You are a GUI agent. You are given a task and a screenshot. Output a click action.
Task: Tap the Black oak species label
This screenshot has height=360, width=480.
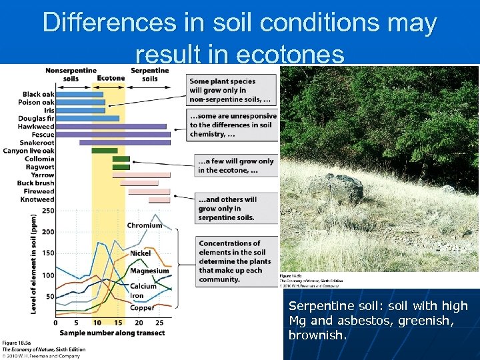(38, 94)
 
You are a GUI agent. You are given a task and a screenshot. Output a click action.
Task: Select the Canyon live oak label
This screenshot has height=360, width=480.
(29, 151)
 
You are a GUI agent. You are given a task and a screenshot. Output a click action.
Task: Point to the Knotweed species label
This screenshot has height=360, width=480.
(37, 199)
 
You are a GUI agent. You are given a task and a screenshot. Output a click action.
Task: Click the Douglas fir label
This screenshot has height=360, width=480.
(37, 118)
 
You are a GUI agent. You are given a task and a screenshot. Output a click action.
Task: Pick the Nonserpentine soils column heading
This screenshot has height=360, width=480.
(70, 74)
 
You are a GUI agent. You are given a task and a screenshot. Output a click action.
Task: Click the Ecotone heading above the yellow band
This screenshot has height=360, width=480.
(111, 78)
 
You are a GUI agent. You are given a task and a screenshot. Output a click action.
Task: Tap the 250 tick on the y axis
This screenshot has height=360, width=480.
(48, 211)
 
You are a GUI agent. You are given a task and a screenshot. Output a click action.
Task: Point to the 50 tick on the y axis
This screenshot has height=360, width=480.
(49, 296)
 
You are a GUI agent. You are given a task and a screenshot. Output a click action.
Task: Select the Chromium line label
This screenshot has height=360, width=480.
(145, 225)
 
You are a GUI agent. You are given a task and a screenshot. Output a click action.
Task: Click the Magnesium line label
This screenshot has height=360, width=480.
(149, 271)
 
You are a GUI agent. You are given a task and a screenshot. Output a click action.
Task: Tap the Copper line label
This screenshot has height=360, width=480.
(142, 307)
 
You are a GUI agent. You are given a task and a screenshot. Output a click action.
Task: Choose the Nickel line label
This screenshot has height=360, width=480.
(140, 253)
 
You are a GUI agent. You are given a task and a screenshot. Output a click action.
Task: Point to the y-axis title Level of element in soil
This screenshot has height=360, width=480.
(33, 263)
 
